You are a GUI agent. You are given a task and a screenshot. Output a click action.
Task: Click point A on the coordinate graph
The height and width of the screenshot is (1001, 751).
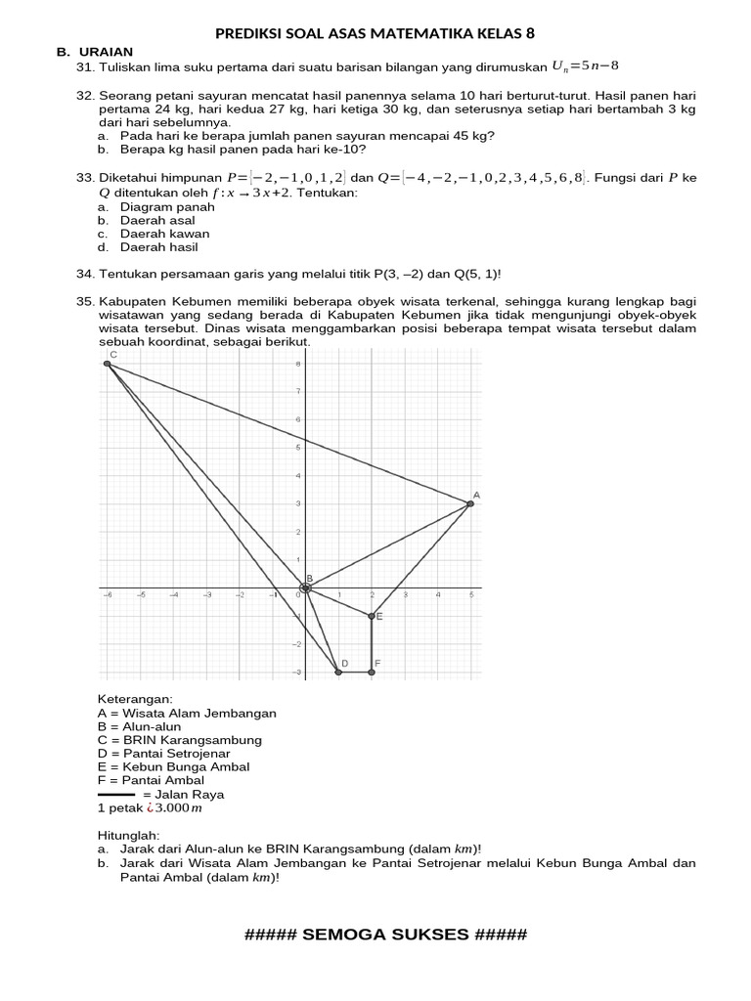[x=470, y=503]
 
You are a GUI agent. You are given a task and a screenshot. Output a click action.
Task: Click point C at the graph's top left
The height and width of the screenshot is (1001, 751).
[x=107, y=364]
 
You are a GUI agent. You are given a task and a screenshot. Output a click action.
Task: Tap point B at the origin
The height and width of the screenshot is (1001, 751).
[x=305, y=587]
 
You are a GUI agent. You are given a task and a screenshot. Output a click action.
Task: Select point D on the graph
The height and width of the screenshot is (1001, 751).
[x=338, y=672]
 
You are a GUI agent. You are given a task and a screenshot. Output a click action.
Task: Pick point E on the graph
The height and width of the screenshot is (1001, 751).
[x=372, y=616]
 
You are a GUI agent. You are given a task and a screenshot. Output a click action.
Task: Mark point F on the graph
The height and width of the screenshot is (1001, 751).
[x=372, y=672]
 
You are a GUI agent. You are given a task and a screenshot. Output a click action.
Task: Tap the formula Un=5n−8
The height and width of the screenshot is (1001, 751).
[x=586, y=66]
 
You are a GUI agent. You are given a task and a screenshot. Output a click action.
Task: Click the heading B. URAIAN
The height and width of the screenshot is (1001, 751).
[x=95, y=52]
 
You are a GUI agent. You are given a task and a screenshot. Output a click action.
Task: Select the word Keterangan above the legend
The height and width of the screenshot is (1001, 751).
[x=134, y=700]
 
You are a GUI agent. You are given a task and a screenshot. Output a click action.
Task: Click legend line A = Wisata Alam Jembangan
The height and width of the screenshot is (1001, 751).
[x=187, y=714]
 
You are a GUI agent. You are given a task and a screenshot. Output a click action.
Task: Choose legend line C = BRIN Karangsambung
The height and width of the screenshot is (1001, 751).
[x=180, y=740]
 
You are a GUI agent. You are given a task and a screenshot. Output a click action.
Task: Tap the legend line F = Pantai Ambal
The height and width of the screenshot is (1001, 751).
[x=151, y=780]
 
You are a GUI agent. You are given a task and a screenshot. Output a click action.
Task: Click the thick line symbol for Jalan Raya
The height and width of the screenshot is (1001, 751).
[x=116, y=795]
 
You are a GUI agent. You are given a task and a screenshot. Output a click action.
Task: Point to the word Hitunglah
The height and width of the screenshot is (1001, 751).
[x=128, y=837]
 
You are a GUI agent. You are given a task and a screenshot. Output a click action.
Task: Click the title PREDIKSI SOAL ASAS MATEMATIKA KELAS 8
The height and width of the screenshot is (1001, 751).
[x=375, y=33]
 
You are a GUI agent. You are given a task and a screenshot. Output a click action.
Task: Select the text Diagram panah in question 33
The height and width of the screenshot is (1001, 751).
[x=164, y=207]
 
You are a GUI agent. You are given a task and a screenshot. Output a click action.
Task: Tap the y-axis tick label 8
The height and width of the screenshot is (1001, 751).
[x=297, y=365]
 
